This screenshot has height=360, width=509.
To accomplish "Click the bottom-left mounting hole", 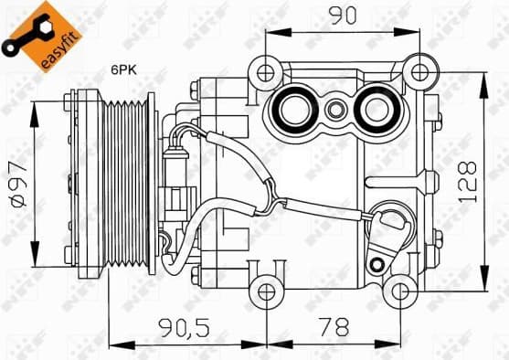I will pos(266,291).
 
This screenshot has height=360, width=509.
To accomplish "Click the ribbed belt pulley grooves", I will pos(126,183).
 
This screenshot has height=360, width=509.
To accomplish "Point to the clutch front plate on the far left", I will pos(85,183).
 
